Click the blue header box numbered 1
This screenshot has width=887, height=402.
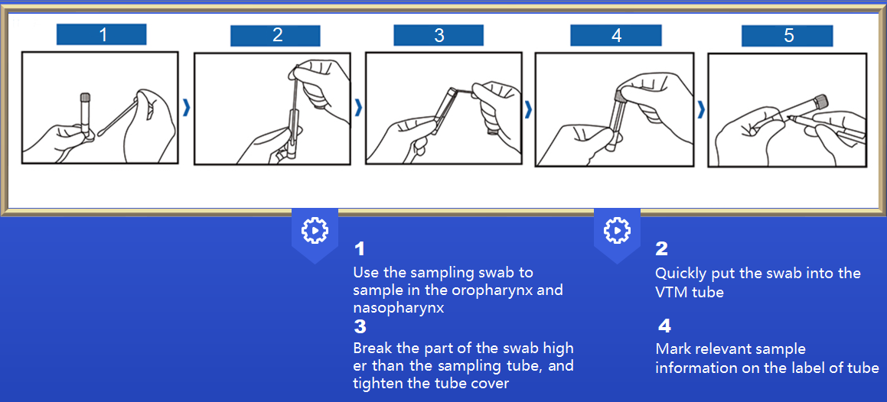coord(101,34)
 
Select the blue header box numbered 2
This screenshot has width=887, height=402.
coord(276,36)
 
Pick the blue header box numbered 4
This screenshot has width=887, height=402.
coord(616,36)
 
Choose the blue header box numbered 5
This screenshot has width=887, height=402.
coord(788,36)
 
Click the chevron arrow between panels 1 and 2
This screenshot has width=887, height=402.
coord(186,108)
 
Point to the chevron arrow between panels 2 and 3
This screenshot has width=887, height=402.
coord(357,108)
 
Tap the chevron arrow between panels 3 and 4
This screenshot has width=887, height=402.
coord(528,109)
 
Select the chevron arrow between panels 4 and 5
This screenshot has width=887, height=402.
coord(701,109)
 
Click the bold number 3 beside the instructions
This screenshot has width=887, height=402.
coord(360,326)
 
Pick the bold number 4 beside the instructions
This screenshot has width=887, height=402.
coord(664,326)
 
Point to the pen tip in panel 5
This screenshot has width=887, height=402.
coord(790,118)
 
